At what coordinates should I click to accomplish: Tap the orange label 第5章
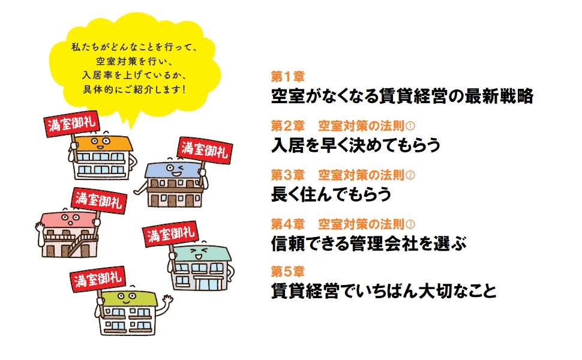(287, 271)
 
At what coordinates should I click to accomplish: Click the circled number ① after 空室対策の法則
(410, 126)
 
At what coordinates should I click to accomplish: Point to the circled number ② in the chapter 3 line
(410, 175)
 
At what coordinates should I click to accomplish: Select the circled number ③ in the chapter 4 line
(410, 224)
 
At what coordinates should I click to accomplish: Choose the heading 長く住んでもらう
(331, 194)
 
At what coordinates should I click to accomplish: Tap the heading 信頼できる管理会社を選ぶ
(368, 243)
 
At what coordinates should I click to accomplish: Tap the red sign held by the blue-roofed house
(201, 148)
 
